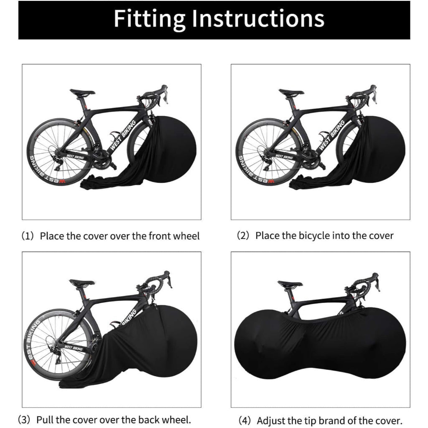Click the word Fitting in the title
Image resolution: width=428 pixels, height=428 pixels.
(150, 19)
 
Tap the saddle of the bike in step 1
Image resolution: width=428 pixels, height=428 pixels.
(82, 92)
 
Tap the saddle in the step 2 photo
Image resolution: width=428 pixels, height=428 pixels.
(291, 92)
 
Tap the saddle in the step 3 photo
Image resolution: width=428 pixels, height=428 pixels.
(82, 283)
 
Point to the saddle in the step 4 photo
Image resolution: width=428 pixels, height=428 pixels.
(290, 284)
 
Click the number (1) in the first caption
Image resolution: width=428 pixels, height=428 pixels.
(27, 236)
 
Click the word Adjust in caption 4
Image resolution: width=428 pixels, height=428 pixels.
(270, 420)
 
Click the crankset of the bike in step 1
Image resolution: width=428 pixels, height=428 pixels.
(102, 159)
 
